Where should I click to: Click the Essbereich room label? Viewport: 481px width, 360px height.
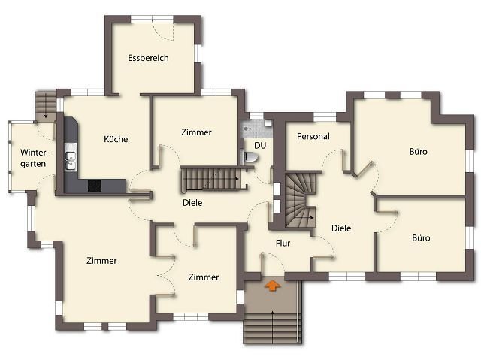(x=148, y=58)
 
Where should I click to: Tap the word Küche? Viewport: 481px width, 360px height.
(x=116, y=139)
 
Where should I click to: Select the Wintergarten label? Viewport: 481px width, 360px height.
(x=33, y=158)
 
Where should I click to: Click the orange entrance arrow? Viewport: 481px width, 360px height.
(x=272, y=285)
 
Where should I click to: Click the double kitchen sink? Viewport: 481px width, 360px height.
(x=71, y=161)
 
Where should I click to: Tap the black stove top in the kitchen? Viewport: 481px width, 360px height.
(x=94, y=186)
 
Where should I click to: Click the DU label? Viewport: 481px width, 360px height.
(x=260, y=145)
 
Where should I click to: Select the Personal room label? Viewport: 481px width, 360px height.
(x=313, y=136)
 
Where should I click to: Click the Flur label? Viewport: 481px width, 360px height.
(x=283, y=244)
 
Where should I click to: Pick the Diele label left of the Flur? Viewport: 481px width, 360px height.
(x=192, y=203)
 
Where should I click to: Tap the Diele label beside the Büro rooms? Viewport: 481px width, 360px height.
(x=341, y=228)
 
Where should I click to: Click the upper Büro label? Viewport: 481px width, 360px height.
(x=418, y=152)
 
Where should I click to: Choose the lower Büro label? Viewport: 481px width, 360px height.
(x=421, y=238)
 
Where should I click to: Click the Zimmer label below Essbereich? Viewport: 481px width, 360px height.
(x=196, y=132)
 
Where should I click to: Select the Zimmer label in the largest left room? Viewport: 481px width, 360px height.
(x=101, y=261)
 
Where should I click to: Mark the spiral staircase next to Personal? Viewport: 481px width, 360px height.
(x=300, y=201)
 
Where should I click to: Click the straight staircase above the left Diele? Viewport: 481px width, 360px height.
(x=213, y=179)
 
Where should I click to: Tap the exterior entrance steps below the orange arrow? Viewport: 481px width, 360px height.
(x=272, y=328)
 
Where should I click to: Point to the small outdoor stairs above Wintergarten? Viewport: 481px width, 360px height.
(x=46, y=105)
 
